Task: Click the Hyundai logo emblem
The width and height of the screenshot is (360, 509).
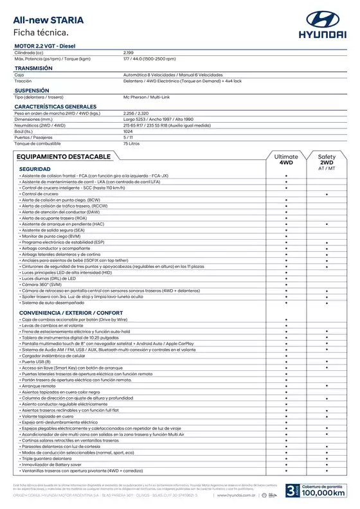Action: pos(325,19)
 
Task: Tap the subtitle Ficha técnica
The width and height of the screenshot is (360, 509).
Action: pos(40,31)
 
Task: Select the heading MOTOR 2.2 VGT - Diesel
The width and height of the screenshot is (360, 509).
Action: pos(44,46)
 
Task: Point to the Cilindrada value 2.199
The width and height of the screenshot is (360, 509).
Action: pos(129,52)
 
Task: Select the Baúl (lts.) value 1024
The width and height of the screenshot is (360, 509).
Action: pos(128,130)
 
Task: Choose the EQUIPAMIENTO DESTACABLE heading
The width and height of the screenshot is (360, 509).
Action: pos(62,156)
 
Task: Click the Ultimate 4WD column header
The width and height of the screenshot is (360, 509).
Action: pos(286,159)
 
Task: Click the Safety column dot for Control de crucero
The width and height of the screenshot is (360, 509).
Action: pos(327,193)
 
